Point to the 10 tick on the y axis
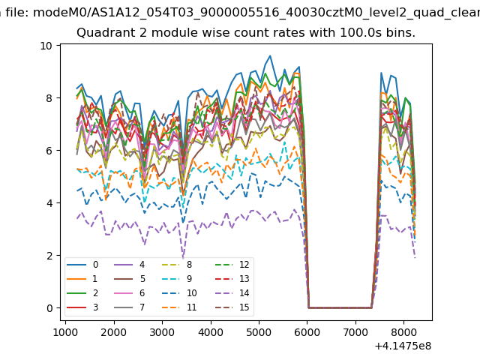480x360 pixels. pos(46,46)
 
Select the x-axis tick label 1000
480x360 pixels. pos(65,331)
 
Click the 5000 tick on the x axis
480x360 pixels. pos(259,331)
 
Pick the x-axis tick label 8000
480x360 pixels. pos(403,331)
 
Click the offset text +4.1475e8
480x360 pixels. pos(402,346)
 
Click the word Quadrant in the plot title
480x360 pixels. pos(103,33)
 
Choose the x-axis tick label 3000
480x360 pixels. pos(162,331)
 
